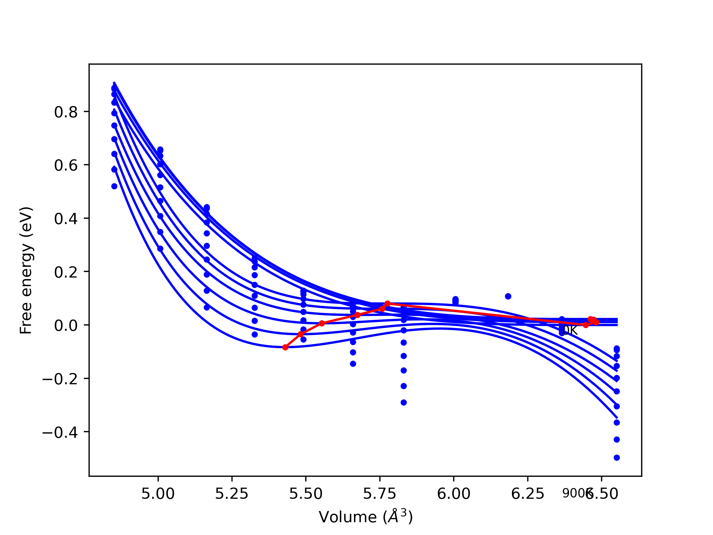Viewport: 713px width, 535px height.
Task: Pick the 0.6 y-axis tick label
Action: pyautogui.click(x=66, y=166)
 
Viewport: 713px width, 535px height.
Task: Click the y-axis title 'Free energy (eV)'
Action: pyautogui.click(x=26, y=271)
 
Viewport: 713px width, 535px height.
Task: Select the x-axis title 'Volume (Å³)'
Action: pyautogui.click(x=365, y=517)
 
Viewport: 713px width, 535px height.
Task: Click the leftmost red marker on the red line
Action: pyautogui.click(x=285, y=347)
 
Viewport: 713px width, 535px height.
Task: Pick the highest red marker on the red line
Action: pyautogui.click(x=387, y=304)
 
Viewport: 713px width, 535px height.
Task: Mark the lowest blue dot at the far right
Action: pyautogui.click(x=617, y=458)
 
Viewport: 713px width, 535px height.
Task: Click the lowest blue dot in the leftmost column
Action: pyautogui.click(x=114, y=186)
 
